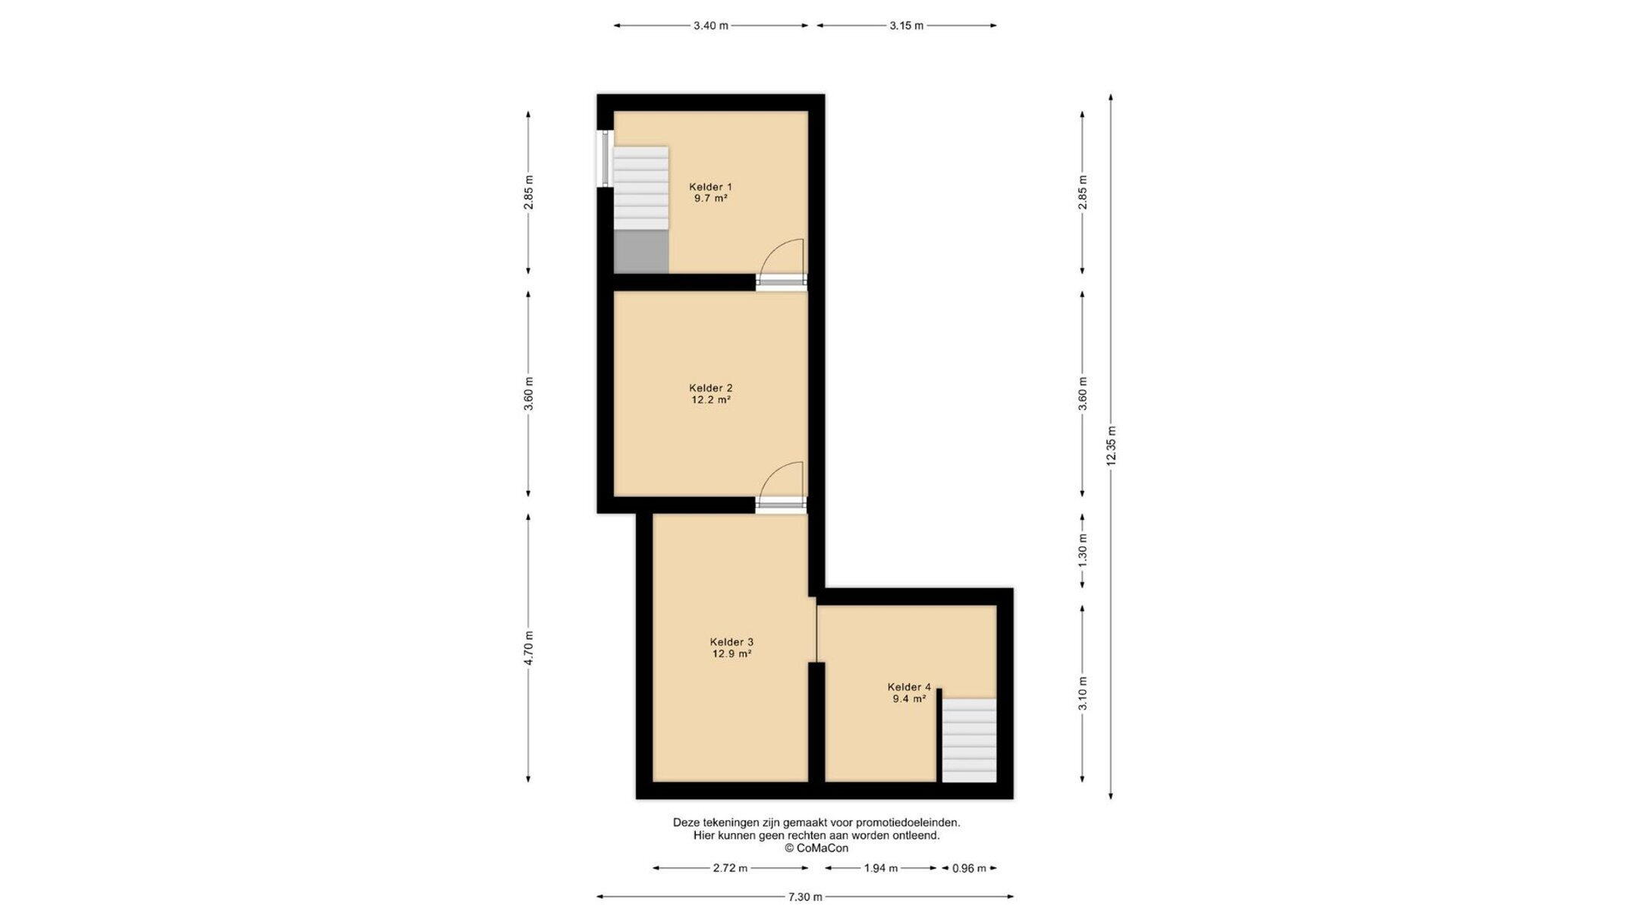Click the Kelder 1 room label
710,187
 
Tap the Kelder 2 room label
710,388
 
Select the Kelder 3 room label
731,642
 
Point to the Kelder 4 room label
909,688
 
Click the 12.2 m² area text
710,400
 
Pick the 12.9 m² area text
731,653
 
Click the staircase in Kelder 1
641,188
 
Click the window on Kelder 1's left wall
605,158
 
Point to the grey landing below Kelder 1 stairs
641,251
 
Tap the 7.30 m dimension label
805,897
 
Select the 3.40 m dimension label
711,26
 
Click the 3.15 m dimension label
906,26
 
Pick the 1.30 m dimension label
1083,547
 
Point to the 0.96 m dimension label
969,868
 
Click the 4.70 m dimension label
529,649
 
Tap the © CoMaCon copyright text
816,848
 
